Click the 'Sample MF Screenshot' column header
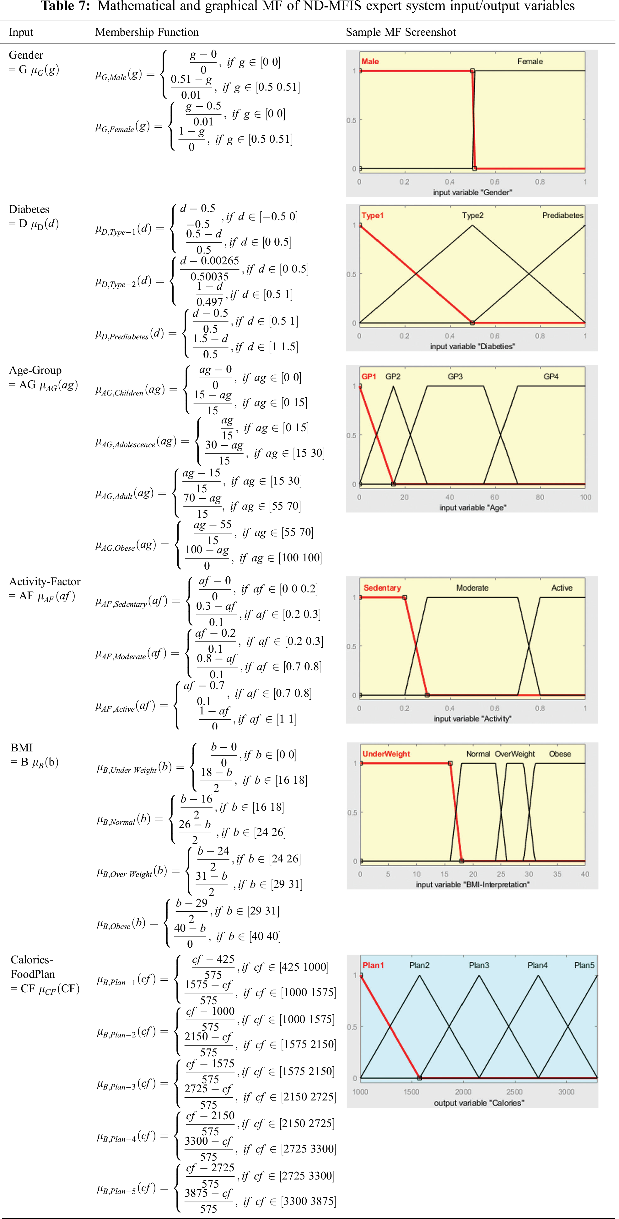click(x=401, y=32)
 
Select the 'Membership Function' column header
click(x=147, y=32)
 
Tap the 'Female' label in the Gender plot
click(x=530, y=61)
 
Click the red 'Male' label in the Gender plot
click(x=370, y=61)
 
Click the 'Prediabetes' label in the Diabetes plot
click(x=562, y=216)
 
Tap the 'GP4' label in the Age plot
click(x=551, y=377)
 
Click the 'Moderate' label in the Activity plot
click(x=472, y=588)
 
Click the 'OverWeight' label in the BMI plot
click(x=515, y=754)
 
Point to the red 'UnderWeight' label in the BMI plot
click(x=386, y=754)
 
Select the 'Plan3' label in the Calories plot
click(x=479, y=965)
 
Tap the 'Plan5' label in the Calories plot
click(x=584, y=965)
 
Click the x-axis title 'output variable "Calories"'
click(x=479, y=1103)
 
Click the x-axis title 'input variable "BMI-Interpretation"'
click(x=472, y=884)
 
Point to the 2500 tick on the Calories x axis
click(x=514, y=1092)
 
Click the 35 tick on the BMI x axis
click(x=557, y=874)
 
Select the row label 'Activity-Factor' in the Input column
click(x=45, y=581)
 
